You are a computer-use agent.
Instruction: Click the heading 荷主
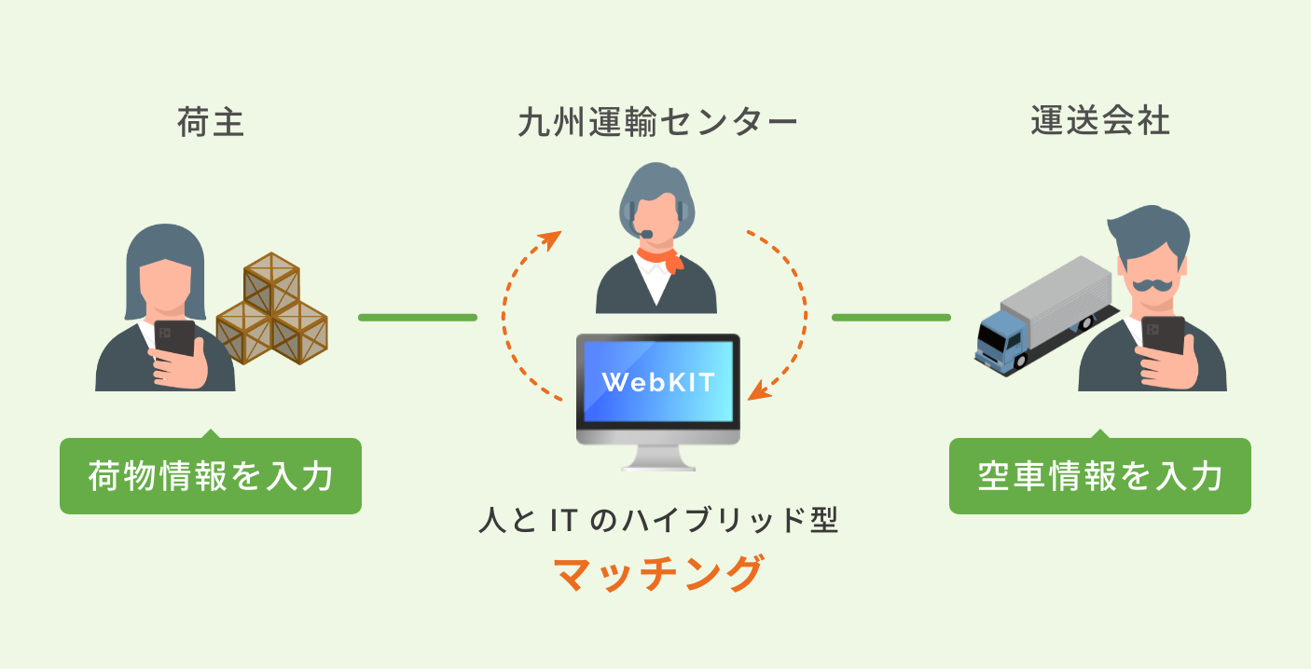click(x=211, y=122)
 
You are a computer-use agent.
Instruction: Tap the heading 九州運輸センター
click(x=657, y=123)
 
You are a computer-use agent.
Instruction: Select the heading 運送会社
click(x=1100, y=122)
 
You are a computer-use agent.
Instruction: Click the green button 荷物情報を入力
click(x=211, y=476)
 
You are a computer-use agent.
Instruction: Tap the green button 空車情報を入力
click(x=1100, y=476)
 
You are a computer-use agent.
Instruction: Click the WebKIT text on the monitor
click(x=658, y=382)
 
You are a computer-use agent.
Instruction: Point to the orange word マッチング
click(x=658, y=573)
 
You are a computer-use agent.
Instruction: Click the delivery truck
click(x=1044, y=312)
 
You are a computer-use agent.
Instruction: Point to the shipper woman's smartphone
click(x=174, y=339)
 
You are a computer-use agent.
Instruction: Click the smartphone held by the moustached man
click(x=1163, y=335)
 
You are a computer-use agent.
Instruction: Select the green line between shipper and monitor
click(x=418, y=318)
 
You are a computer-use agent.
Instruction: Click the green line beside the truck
click(x=890, y=318)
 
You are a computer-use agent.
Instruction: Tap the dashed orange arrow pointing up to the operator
click(x=522, y=307)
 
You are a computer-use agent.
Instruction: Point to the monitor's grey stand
click(x=658, y=457)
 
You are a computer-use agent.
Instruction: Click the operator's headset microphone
click(x=643, y=232)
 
